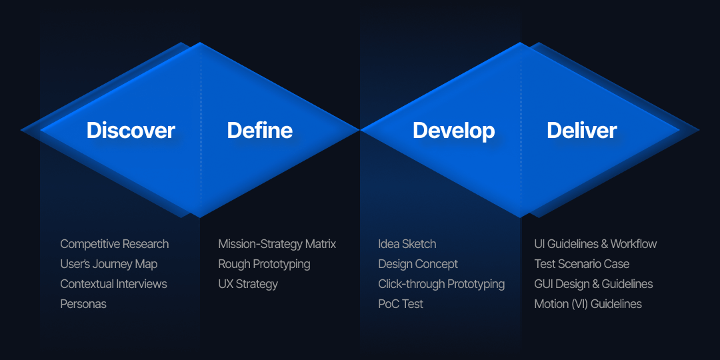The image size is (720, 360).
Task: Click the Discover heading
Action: point(131,131)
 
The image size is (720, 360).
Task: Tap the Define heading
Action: point(260,131)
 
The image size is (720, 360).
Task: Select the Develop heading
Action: point(454,131)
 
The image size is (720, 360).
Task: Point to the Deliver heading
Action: point(582,131)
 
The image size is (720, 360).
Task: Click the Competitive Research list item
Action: point(115,244)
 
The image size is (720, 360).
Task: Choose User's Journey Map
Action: point(109,265)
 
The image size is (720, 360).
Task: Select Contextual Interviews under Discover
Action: point(113,284)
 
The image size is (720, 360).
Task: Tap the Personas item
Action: point(83,304)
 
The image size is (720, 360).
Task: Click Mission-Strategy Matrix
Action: point(277,244)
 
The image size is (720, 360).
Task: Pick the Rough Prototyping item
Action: point(265,265)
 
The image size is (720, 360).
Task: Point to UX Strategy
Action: point(248,284)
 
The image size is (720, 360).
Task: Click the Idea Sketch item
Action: point(407,244)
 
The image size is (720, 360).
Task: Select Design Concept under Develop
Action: point(418,265)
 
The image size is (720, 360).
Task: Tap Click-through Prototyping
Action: point(441,284)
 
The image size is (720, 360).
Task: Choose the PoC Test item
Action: point(401,304)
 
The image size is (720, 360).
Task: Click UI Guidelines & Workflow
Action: point(595,244)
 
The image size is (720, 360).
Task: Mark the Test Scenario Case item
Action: point(582,264)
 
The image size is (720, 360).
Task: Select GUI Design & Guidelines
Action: point(594,284)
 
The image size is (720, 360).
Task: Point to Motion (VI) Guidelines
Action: point(588,304)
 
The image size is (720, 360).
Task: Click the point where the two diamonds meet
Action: point(360,131)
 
